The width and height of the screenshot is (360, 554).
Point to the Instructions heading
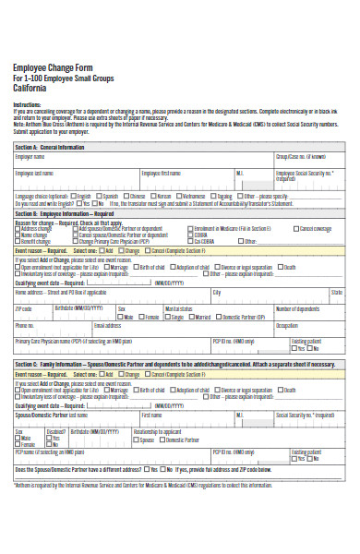(29, 105)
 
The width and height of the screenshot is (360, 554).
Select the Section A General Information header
(51, 146)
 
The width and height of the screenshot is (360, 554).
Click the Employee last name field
(74, 177)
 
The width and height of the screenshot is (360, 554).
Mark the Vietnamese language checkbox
(179, 196)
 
